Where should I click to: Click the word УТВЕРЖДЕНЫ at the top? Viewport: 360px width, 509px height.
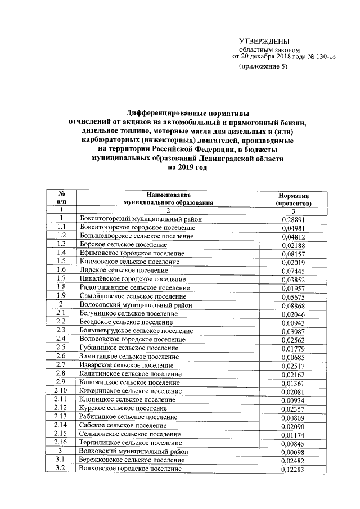click(x=264, y=41)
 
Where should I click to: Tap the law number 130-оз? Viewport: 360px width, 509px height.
click(x=320, y=57)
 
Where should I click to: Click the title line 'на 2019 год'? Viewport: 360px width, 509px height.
click(x=188, y=167)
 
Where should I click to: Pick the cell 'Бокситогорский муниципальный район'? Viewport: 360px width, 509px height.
click(x=137, y=219)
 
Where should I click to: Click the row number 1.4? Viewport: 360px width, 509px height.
click(x=62, y=253)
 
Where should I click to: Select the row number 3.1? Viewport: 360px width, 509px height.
click(x=62, y=460)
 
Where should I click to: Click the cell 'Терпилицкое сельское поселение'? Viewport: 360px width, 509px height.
click(x=130, y=443)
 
